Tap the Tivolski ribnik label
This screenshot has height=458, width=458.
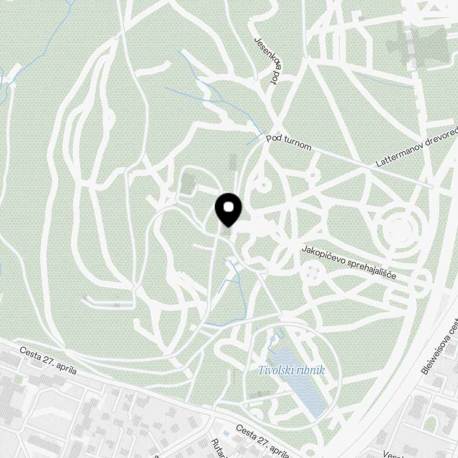pos(291,370)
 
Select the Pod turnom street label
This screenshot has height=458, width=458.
pos(289,141)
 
